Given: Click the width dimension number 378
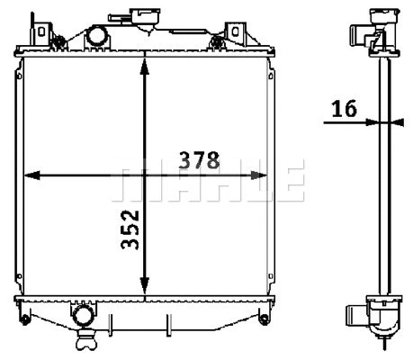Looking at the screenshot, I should tap(200, 160).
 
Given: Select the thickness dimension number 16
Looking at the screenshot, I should tap(343, 109).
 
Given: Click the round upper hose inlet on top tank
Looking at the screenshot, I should tap(95, 38).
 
